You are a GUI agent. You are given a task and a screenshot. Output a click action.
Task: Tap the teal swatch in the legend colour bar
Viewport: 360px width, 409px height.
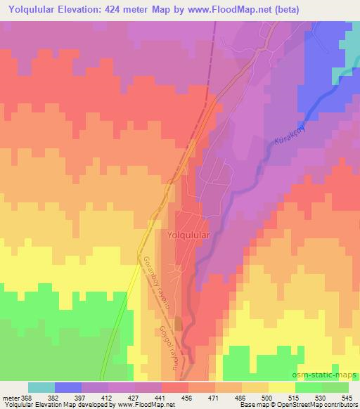(x=41, y=387)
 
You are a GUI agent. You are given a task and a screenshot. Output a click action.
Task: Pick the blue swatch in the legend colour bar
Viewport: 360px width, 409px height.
(x=68, y=387)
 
